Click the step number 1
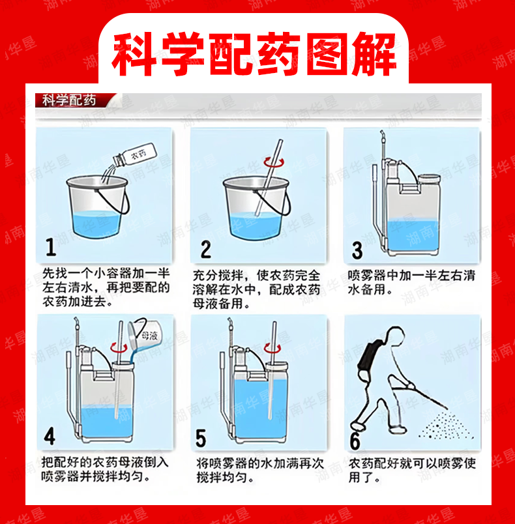51,247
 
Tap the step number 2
205,250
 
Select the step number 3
357,250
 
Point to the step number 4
50,436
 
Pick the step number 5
201,438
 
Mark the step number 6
355,441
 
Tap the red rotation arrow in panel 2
274,162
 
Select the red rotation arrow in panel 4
119,347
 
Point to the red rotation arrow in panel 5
272,347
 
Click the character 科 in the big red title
134,53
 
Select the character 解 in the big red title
374,53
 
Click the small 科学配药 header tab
69,100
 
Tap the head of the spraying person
394,335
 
